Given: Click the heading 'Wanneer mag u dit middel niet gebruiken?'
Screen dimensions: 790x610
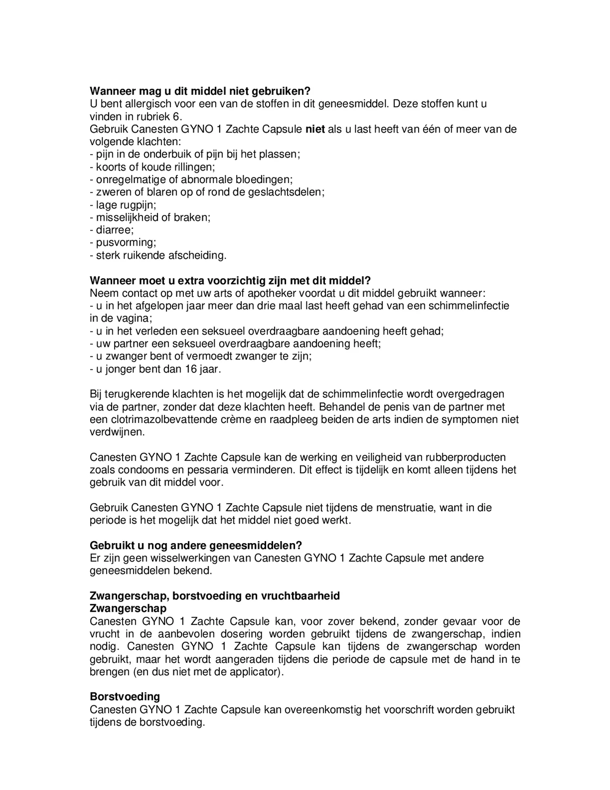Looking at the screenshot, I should pyautogui.click(x=200, y=91).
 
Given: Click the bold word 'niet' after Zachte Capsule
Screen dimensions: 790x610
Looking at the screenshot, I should pyautogui.click(x=315, y=129).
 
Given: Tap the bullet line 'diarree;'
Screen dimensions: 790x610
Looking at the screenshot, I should pyautogui.click(x=112, y=230).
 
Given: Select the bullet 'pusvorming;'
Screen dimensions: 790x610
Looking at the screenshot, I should pyautogui.click(x=123, y=243).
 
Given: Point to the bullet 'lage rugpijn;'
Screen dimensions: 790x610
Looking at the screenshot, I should pyautogui.click(x=123, y=205).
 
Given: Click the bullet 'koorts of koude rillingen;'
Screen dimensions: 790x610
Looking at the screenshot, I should pyautogui.click(x=152, y=167).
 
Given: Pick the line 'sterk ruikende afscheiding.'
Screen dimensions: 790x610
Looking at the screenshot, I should pyautogui.click(x=158, y=255).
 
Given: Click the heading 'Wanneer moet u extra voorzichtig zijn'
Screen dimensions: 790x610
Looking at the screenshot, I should pyautogui.click(x=230, y=281).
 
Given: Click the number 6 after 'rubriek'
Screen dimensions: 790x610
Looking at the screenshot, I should pyautogui.click(x=176, y=116).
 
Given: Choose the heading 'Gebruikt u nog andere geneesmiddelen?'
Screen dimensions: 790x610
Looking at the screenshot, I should pyautogui.click(x=196, y=546).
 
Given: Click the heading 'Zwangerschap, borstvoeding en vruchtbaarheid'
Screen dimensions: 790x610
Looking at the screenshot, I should pyautogui.click(x=214, y=596).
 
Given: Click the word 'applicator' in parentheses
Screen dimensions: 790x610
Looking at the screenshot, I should pyautogui.click(x=252, y=672).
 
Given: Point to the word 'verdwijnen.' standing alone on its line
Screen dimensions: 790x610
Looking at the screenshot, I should pyautogui.click(x=117, y=432).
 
